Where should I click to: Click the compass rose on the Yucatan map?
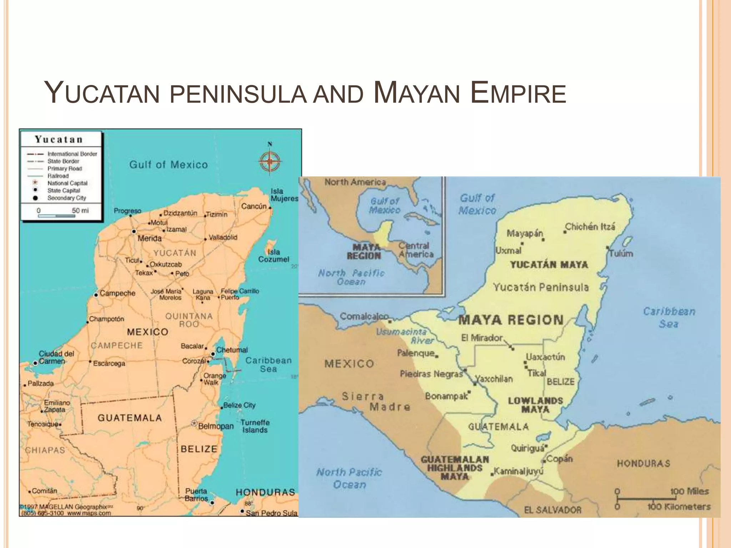pos(270,161)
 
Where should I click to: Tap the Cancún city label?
pos(254,206)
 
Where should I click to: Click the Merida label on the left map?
pos(150,238)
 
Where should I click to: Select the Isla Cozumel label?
pos(274,255)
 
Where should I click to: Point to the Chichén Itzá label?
pos(590,227)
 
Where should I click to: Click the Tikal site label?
pos(537,373)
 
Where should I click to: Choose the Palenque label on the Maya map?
pos(416,353)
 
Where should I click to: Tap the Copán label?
pos(559,459)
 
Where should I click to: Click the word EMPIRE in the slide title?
pos(518,94)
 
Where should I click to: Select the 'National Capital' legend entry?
pos(67,183)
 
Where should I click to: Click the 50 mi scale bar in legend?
pos(56,215)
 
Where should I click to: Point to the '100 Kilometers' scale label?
pos(679,507)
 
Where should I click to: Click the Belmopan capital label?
pos(216,426)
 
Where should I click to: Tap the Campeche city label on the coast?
pos(117,293)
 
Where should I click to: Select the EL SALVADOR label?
pos(553,510)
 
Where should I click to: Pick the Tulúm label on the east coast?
pos(621,253)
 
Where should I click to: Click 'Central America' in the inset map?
pos(415,250)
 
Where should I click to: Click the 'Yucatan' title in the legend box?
pos(59,139)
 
